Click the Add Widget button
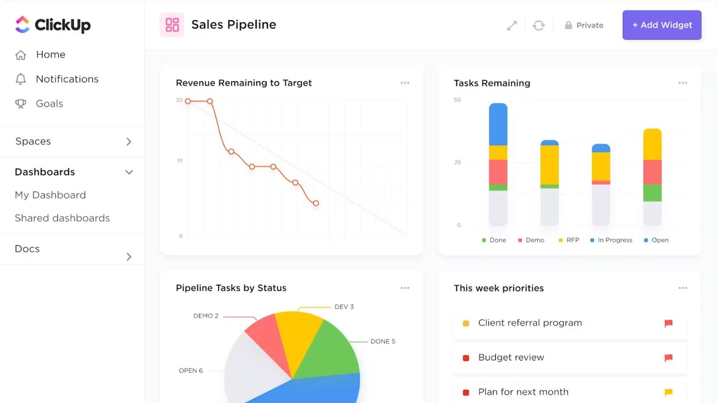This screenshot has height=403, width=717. [x=661, y=25]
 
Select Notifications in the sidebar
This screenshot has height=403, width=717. [x=67, y=79]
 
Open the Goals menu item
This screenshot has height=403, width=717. [x=49, y=104]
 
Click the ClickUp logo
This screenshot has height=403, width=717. [x=53, y=25]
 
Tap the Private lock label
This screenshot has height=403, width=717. [x=584, y=26]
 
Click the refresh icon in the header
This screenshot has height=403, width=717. [x=538, y=26]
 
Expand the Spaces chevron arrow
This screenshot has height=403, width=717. [x=129, y=141]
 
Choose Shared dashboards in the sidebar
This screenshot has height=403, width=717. [x=62, y=218]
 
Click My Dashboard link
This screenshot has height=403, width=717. [x=50, y=195]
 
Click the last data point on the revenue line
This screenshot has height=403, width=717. [x=316, y=203]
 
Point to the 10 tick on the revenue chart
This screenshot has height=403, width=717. [x=180, y=160]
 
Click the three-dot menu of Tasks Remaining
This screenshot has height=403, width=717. [x=682, y=83]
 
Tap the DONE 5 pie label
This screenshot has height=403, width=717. [x=383, y=341]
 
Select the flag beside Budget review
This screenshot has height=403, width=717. [x=668, y=357]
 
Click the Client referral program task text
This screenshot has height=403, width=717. [x=530, y=323]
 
